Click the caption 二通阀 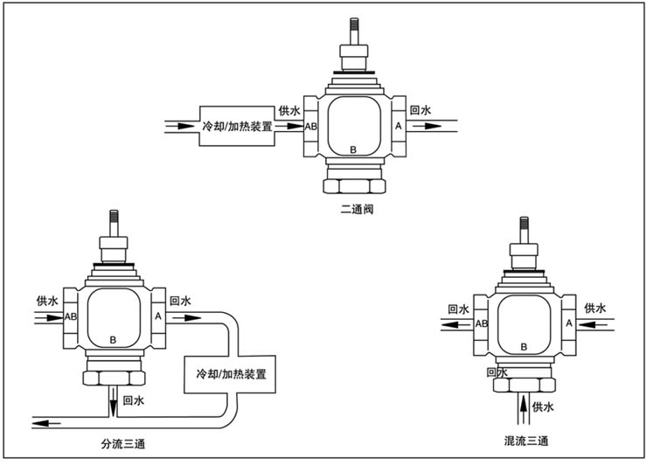pyautogui.click(x=358, y=210)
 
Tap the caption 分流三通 pyautogui.click(x=123, y=444)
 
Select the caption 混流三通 pyautogui.click(x=528, y=439)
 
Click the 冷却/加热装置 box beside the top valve pyautogui.click(x=236, y=126)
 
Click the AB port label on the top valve pyautogui.click(x=310, y=127)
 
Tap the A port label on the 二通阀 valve pyautogui.click(x=399, y=127)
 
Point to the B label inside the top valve pyautogui.click(x=353, y=150)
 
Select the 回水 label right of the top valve pyautogui.click(x=421, y=111)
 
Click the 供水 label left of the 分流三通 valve pyautogui.click(x=47, y=301)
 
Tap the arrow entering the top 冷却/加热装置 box pyautogui.click(x=181, y=126)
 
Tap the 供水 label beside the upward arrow pyautogui.click(x=544, y=407)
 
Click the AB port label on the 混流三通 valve pyautogui.click(x=482, y=323)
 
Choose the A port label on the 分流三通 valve pyautogui.click(x=158, y=316)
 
